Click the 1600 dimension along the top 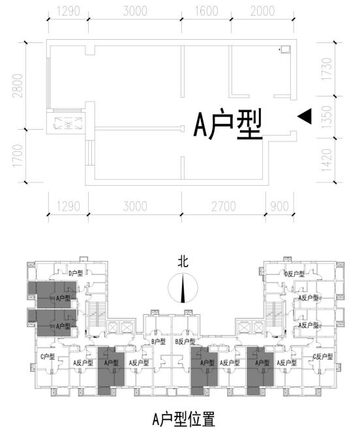[x=207, y=11]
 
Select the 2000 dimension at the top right [x=262, y=11]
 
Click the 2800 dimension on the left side [x=18, y=84]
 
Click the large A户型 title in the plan [x=228, y=124]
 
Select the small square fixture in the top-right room [x=284, y=49]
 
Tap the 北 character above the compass [x=183, y=262]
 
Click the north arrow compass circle [x=183, y=288]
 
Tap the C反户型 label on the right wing [x=322, y=357]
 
